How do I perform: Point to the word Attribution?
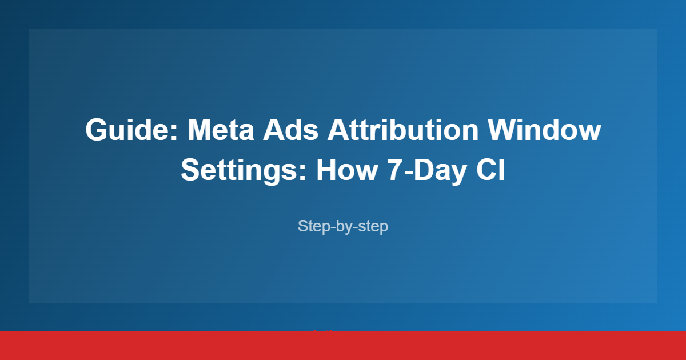402,130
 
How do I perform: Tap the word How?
344,170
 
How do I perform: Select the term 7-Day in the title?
420,170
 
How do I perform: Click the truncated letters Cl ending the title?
491,170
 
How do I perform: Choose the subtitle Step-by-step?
343,226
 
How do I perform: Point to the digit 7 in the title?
388,170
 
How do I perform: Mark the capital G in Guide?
97,130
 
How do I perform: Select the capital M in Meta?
199,130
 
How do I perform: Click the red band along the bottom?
343,346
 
